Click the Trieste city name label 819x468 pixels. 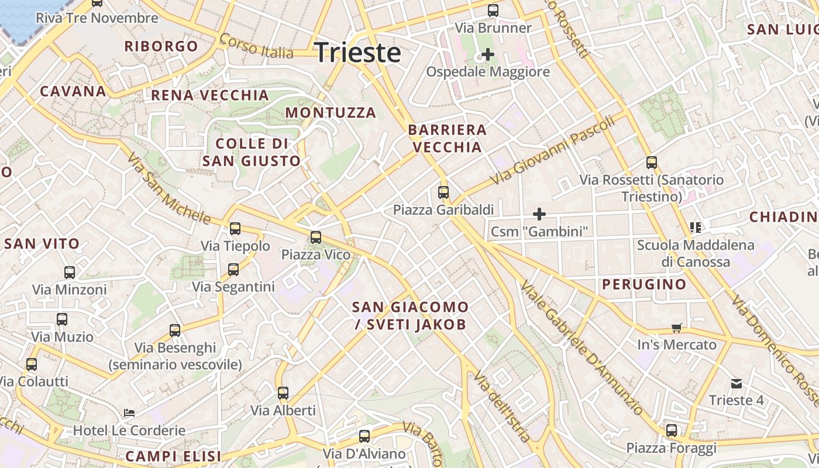358,53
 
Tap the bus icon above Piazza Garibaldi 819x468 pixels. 443,192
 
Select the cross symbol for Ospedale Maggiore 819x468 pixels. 487,55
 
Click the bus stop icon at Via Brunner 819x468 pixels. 493,11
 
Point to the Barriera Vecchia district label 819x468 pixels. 448,138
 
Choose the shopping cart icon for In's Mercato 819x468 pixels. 677,328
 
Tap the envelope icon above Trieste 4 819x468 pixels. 736,384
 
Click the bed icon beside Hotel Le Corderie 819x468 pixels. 129,413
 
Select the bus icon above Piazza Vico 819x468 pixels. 316,237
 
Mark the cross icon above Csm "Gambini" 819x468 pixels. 539,214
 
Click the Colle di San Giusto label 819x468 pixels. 252,152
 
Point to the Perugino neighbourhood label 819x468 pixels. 644,285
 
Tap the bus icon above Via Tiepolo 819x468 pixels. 235,229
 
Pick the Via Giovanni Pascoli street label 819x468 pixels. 553,149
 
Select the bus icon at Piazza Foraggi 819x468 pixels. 672,431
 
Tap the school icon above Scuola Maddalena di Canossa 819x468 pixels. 696,227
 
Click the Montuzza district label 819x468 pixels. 331,112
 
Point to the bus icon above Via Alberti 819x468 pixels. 283,393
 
